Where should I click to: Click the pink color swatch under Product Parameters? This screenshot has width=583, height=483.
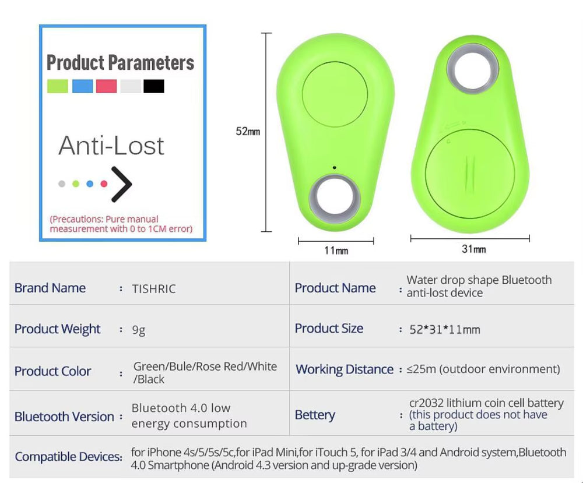[x=107, y=86]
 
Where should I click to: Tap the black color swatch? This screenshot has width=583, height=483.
[x=154, y=86]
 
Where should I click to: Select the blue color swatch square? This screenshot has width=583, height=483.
[x=82, y=86]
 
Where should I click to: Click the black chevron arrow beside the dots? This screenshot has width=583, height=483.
[x=122, y=184]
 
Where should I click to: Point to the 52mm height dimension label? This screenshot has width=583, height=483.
[x=248, y=132]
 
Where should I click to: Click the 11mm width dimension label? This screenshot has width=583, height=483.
[x=336, y=251]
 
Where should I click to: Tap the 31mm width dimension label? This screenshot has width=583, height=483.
[x=473, y=249]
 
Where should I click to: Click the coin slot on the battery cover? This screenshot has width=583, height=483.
[x=472, y=171]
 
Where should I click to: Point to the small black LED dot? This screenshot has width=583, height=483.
[x=335, y=168]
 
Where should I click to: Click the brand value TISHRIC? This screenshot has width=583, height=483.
[x=154, y=289]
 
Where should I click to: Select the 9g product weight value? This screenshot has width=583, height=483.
[x=139, y=330]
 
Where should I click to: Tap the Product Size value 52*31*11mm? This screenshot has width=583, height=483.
[x=444, y=330]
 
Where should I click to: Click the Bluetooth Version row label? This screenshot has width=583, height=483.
[x=64, y=417]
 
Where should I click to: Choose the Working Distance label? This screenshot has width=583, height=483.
[x=345, y=369]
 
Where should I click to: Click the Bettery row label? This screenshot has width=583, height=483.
[x=315, y=415]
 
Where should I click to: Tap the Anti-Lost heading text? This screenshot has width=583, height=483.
[x=111, y=146]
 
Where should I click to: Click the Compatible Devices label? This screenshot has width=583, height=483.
[x=68, y=457]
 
